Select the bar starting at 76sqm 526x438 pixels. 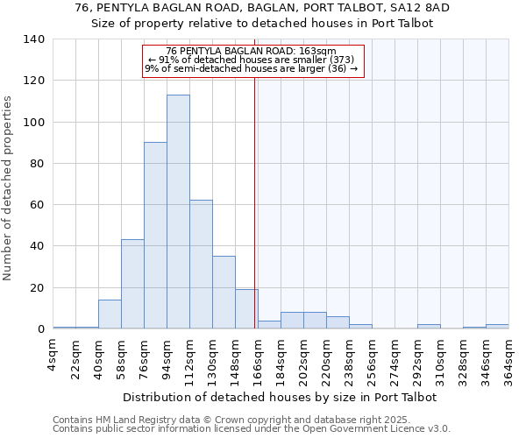(155, 236)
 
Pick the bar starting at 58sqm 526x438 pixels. (132, 284)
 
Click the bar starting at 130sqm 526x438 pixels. (224, 293)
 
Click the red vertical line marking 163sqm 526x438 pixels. (255, 193)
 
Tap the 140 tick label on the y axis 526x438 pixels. (34, 39)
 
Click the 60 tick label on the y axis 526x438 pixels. (38, 205)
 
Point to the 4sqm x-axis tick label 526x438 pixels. (53, 355)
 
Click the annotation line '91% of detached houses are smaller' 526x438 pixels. (252, 60)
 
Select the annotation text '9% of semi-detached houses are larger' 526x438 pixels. (252, 68)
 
